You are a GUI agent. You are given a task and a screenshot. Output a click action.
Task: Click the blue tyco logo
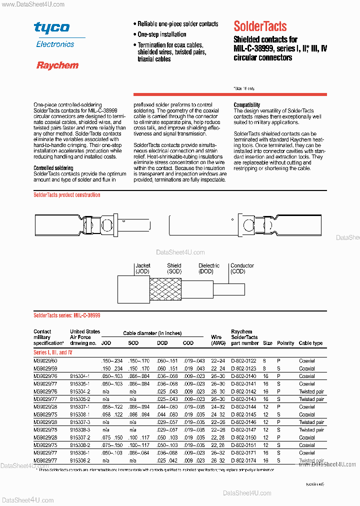pos(51,28)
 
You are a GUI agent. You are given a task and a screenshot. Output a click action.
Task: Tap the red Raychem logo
pos(57,65)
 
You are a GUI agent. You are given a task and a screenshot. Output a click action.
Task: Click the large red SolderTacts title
pos(260,26)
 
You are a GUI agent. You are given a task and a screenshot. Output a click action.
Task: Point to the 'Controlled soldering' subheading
pos(53,168)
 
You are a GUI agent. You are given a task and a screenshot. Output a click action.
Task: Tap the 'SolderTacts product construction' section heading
pos(67,195)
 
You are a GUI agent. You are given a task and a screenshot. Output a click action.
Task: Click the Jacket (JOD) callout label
pos(142,268)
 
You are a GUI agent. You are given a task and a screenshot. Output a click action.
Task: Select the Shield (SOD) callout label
pos(174,268)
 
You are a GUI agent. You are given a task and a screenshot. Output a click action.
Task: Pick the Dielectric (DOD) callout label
pos(209,268)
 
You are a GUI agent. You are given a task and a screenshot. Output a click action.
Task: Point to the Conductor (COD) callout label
pos(242,268)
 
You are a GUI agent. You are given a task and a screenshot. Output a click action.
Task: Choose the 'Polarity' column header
pos(285,343)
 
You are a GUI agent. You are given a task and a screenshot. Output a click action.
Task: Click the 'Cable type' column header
pos(310,343)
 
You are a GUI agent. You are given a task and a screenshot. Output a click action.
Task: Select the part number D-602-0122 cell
pos(244,360)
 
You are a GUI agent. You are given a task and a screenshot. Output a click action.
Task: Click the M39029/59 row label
pos(45,368)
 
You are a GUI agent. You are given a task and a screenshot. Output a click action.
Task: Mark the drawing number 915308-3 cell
pos(80,429)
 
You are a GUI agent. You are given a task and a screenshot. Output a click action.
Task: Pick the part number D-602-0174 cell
pos(244,460)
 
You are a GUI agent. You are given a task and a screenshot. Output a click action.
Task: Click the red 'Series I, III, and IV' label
pos(52,352)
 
